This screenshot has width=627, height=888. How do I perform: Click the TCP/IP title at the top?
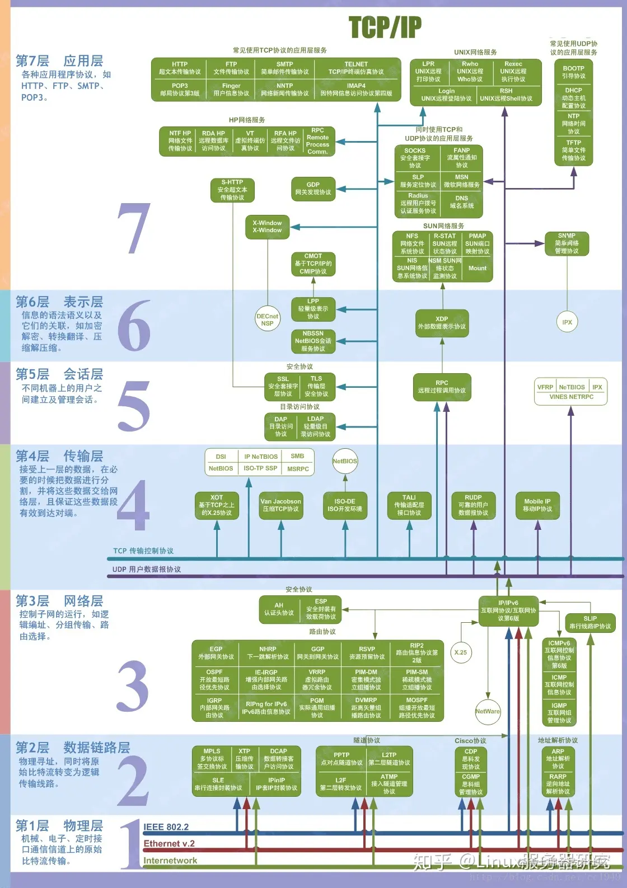coord(385,27)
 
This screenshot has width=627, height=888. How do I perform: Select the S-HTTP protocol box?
coord(232,190)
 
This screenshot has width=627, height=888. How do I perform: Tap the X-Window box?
coord(267,227)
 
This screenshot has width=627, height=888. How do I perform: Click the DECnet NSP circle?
coord(267,320)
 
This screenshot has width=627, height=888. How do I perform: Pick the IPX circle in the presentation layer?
coord(567,322)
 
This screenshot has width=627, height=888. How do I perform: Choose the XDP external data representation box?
coord(442,323)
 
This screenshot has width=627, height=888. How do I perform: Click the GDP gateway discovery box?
coord(313,189)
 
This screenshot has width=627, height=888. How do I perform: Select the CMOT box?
coord(313,264)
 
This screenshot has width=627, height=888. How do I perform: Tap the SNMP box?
coord(567,243)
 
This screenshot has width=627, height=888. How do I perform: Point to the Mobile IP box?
coord(537,505)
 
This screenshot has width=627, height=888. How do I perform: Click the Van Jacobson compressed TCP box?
coord(280,505)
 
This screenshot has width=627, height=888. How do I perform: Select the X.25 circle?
coord(461,652)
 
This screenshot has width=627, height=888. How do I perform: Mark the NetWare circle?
coord(488,712)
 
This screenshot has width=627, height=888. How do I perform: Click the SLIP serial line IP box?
coord(590,622)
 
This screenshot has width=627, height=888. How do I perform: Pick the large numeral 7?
coord(134,228)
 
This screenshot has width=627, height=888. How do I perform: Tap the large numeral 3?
coord(133,686)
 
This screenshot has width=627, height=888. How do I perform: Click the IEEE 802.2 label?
coord(166,827)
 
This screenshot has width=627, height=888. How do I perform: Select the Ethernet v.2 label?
coord(169,844)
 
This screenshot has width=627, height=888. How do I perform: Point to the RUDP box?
coord(473,505)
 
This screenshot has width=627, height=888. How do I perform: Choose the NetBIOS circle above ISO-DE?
coord(345,462)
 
